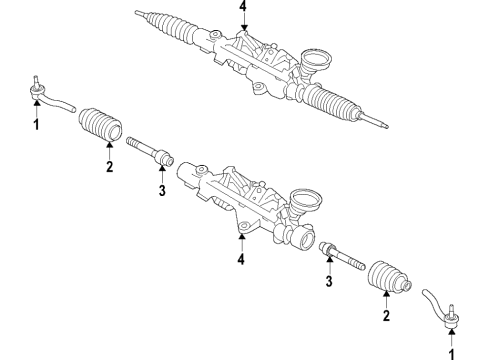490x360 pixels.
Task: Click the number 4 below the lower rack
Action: click(x=242, y=261)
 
